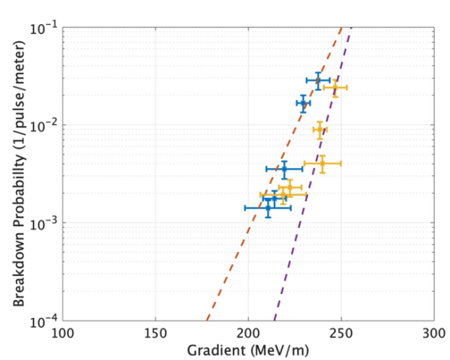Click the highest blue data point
[x=318, y=79]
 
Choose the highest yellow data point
[x=335, y=88]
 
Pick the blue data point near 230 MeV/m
[x=303, y=103]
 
